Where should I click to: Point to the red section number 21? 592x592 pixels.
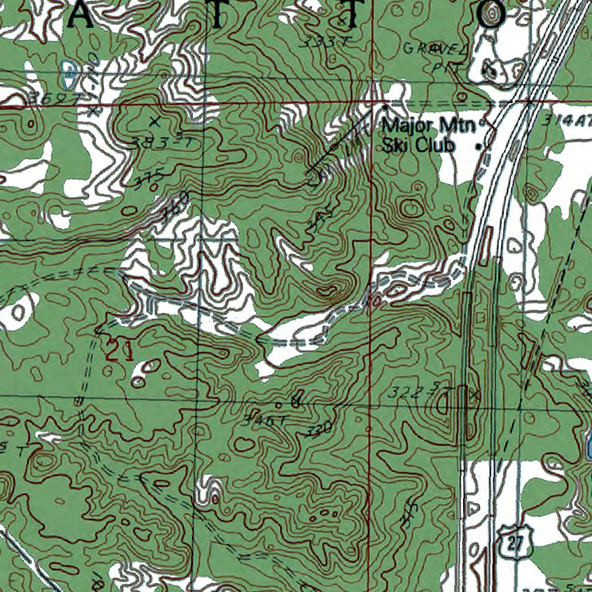coord(120,351)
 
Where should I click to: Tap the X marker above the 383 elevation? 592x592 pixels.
coord(154,121)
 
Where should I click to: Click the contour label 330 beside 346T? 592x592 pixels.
coord(319,429)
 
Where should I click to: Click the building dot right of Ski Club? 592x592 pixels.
coord(478,146)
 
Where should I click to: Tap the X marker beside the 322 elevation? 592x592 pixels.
coord(475,395)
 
